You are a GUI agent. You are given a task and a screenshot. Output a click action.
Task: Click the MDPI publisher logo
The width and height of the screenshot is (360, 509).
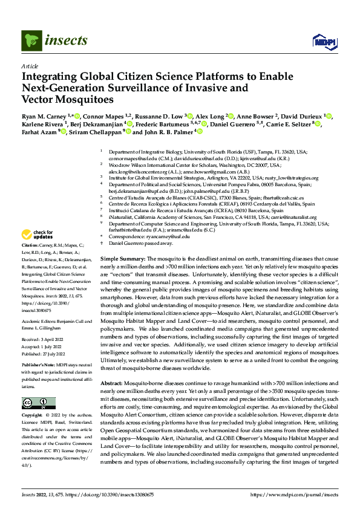(x=323, y=41)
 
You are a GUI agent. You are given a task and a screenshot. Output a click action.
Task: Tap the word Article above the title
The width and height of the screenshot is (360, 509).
(x=30, y=66)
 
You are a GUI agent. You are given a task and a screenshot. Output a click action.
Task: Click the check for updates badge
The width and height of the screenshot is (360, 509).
(x=38, y=235)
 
